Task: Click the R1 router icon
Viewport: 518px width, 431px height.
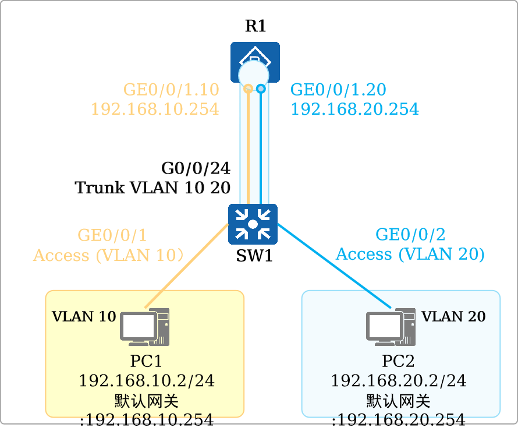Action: tap(255, 62)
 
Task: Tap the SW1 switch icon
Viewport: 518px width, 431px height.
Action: tap(253, 224)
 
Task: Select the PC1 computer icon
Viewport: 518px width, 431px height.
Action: tap(145, 327)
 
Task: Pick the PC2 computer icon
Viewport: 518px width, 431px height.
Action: tap(391, 327)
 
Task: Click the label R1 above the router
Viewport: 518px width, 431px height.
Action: tap(256, 26)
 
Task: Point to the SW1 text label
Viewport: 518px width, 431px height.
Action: tap(254, 255)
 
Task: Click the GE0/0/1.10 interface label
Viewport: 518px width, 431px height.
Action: tap(171, 89)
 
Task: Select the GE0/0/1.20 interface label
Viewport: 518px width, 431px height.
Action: tap(338, 89)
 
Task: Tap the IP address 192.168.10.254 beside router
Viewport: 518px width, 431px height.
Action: tap(155, 109)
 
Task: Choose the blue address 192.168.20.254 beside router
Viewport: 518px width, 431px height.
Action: tap(355, 109)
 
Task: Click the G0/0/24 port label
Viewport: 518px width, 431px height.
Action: tap(196, 168)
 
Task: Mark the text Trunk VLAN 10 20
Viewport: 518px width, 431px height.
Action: tap(152, 188)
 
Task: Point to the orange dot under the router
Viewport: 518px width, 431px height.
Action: tap(249, 89)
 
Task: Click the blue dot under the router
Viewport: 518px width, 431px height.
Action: tap(261, 89)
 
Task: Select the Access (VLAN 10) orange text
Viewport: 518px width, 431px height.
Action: tap(108, 255)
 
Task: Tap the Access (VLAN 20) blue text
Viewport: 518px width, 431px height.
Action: tap(410, 254)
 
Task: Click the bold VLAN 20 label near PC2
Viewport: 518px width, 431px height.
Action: tap(453, 316)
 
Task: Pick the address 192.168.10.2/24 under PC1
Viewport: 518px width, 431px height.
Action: tap(147, 380)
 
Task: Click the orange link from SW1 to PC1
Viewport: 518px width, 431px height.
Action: tap(187, 266)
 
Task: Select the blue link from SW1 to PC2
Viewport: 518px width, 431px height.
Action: tap(334, 266)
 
